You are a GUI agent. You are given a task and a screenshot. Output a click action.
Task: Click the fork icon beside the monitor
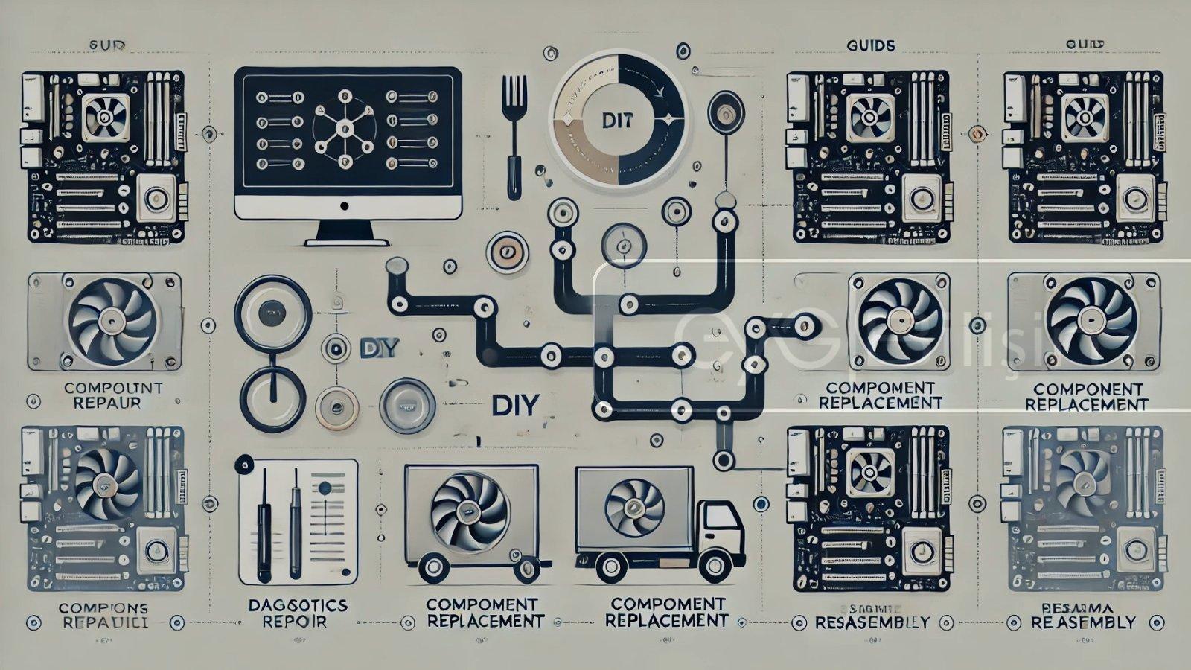click(x=514, y=134)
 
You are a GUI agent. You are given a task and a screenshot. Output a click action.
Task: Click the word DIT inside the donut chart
click(x=619, y=121)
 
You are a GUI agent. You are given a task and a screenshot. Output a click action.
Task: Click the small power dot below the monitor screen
click(x=344, y=206)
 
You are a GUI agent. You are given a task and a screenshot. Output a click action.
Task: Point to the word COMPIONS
click(x=102, y=608)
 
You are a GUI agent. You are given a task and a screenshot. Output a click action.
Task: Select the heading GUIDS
click(x=871, y=45)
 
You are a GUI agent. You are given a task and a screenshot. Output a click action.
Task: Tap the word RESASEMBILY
click(x=872, y=622)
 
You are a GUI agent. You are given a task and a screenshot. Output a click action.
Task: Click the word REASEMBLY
click(x=1084, y=622)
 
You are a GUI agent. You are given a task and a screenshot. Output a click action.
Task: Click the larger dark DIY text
click(x=515, y=406)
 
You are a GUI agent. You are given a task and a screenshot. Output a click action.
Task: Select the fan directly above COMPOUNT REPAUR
click(x=112, y=322)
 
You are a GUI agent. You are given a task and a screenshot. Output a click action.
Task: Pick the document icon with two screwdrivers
click(x=298, y=521)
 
